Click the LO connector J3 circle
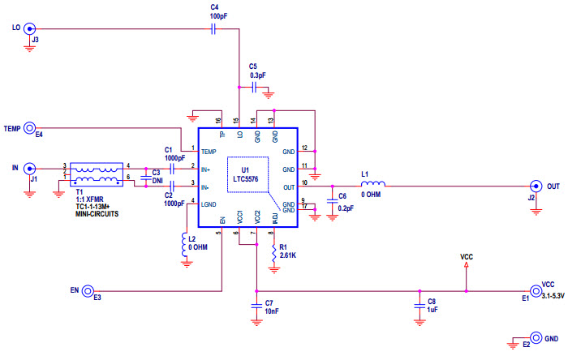31,28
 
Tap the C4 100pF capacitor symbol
212,28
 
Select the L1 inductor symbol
374,186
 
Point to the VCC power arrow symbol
466,276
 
